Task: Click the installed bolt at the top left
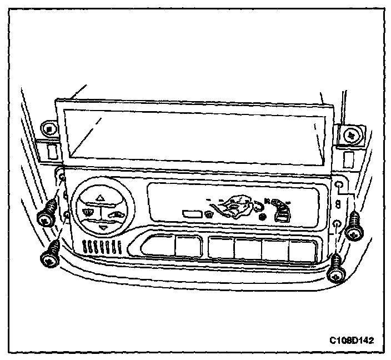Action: pos(50,129)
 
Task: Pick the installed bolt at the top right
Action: pos(351,134)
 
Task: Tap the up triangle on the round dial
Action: pos(100,196)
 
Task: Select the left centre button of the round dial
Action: pos(88,212)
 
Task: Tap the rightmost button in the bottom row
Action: pos(303,250)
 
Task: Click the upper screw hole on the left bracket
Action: pos(63,177)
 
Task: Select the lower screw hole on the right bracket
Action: pos(338,224)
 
